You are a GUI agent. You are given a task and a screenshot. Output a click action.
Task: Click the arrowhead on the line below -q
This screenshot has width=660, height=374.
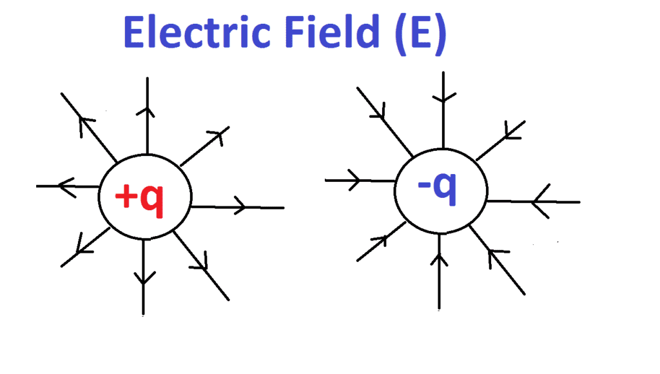(x=440, y=259)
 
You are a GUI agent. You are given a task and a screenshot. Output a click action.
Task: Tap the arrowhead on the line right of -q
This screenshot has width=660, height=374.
(x=539, y=202)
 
